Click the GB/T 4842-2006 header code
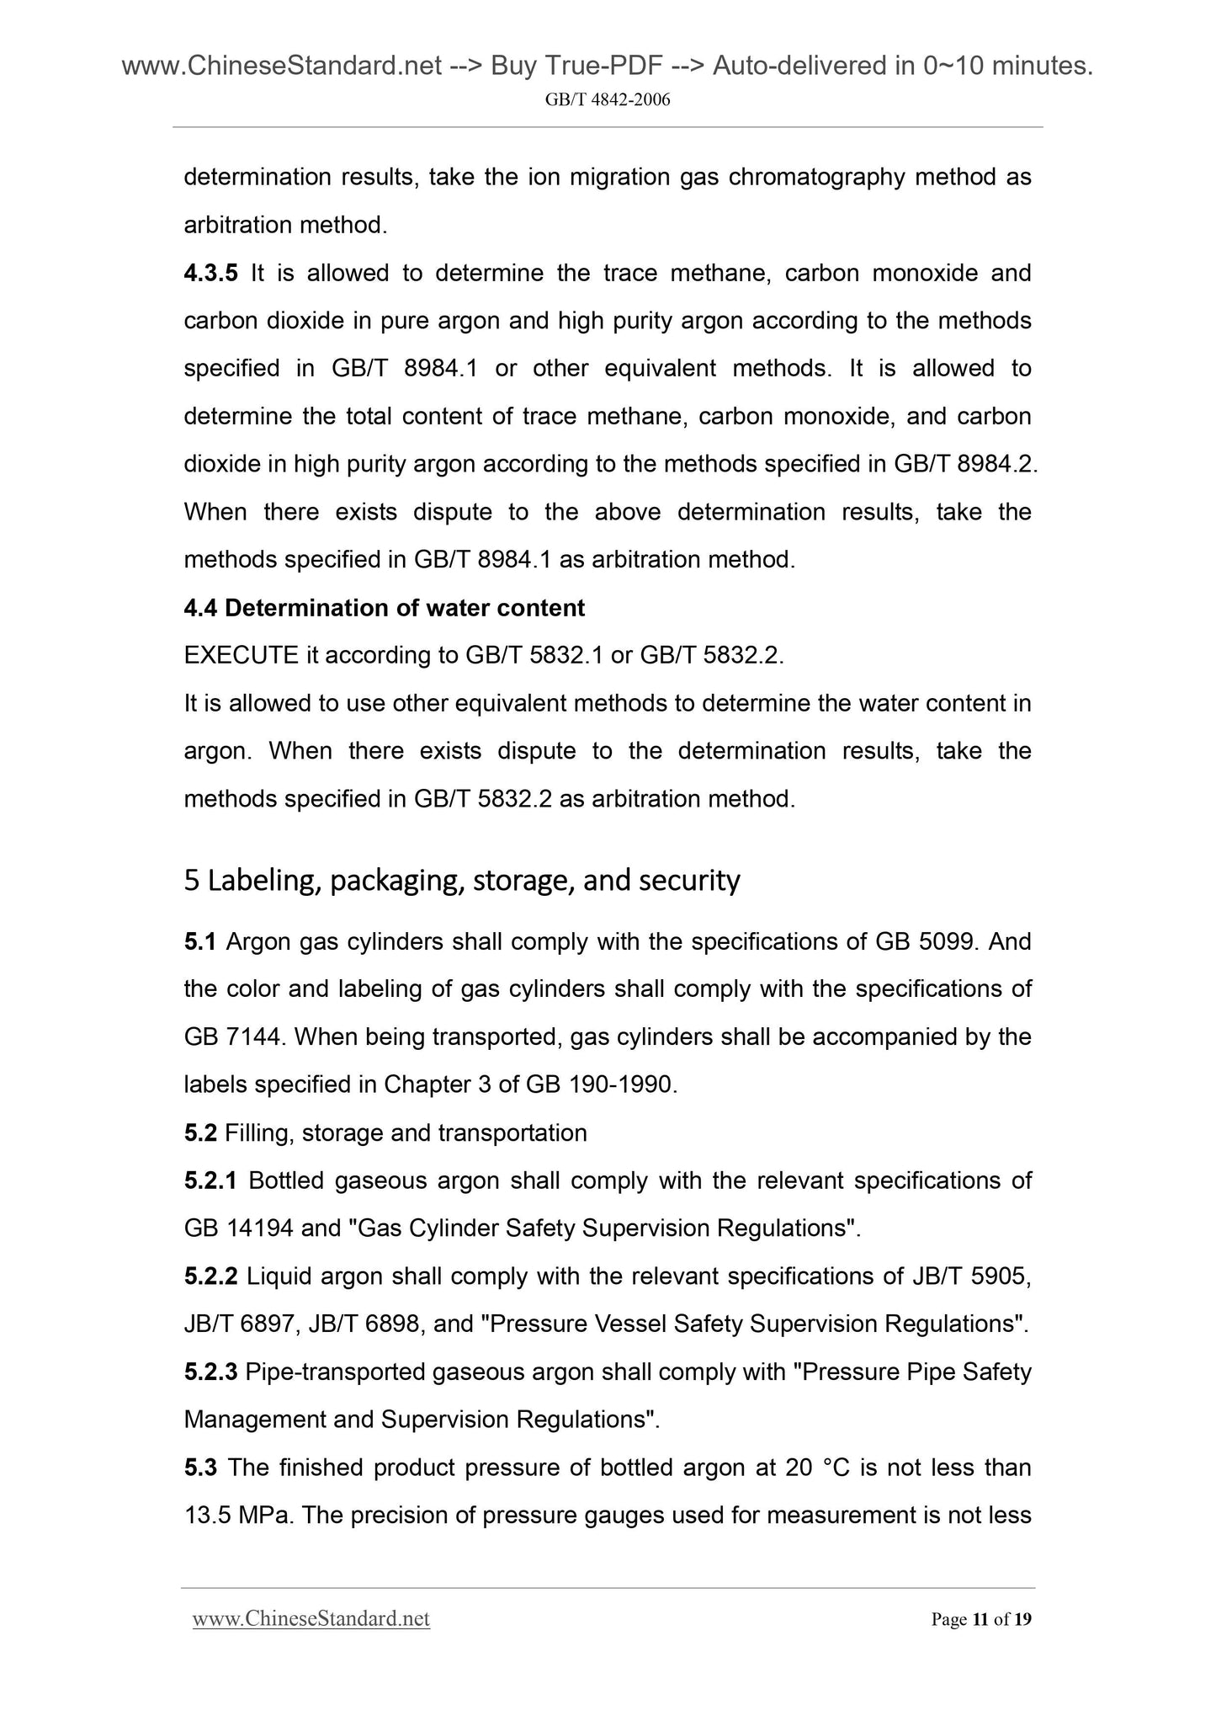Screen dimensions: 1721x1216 coord(608,100)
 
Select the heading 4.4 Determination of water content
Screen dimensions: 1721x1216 coord(385,607)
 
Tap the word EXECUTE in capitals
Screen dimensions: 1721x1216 coord(242,655)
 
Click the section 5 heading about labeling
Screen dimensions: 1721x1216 coord(462,880)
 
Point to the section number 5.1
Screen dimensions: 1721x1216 coord(200,941)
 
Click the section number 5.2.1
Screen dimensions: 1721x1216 coord(211,1180)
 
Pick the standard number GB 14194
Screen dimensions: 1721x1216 coord(238,1228)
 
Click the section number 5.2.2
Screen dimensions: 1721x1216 coord(211,1276)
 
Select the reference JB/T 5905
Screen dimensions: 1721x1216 coord(971,1276)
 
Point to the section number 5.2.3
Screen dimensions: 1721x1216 coord(211,1372)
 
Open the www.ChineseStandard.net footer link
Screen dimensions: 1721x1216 coord(311,1619)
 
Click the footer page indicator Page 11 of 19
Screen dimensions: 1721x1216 coord(980,1619)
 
